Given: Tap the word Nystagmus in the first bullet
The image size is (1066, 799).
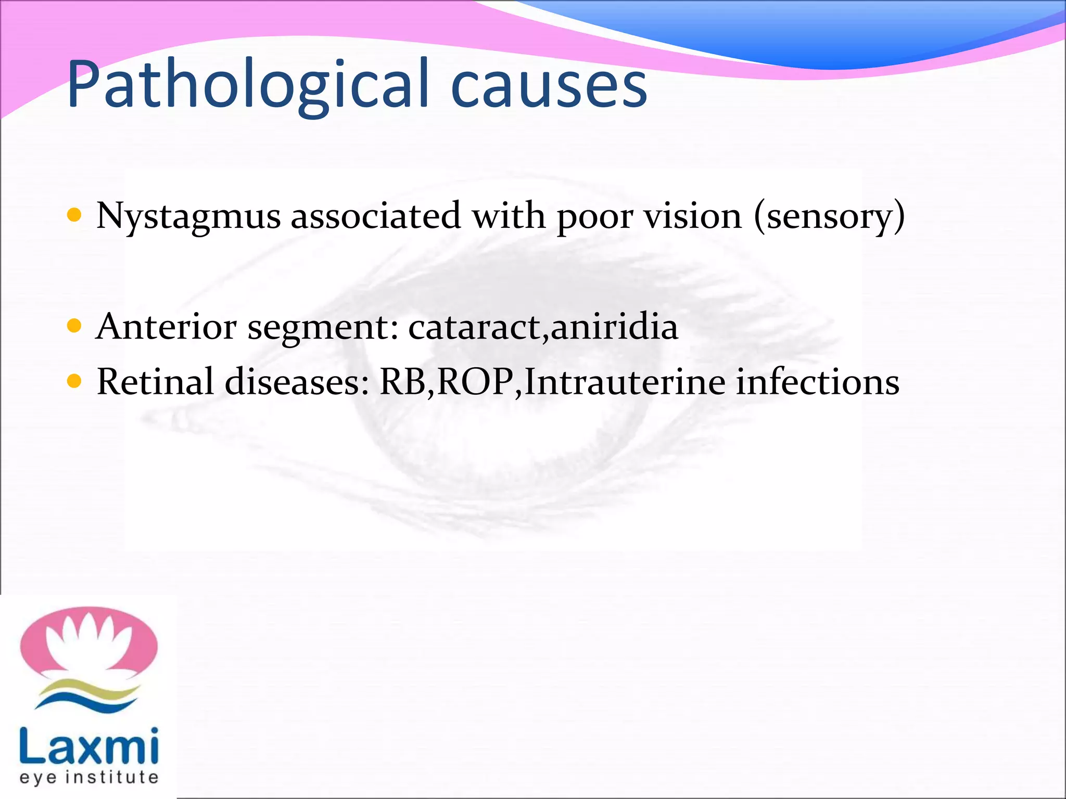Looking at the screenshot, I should coord(188,216).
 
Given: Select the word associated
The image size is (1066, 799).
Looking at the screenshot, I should coord(375,215).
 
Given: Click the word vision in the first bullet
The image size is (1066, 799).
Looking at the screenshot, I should coord(693,215).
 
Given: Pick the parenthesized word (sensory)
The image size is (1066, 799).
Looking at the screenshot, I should coord(830,216).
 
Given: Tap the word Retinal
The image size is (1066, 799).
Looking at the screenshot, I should coord(155,382).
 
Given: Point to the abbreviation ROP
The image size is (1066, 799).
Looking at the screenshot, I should coord(475,382).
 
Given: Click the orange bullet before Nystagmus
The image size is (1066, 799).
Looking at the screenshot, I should coord(74,215).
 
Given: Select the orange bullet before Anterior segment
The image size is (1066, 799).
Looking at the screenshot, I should coord(74,326).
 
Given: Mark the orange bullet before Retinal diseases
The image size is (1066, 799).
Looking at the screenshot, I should coord(74,382).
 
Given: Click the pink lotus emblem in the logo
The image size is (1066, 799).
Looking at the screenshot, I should coord(88,642).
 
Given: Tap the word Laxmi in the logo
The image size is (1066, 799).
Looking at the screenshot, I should coord(88,747).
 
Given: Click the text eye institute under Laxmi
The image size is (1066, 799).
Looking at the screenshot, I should coord(88,778).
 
